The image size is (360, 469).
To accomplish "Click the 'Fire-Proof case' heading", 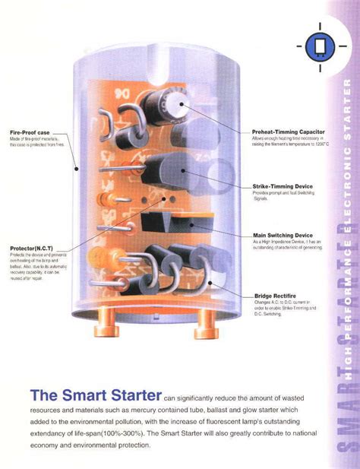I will pyautogui.click(x=30, y=132).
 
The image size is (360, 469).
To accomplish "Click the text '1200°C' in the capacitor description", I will pyautogui.click(x=317, y=144).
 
